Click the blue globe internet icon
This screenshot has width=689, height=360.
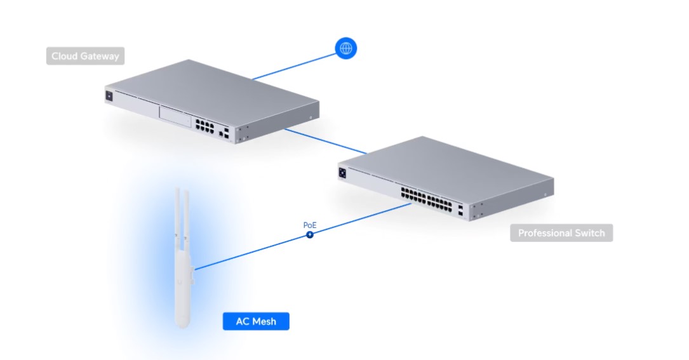(x=346, y=48)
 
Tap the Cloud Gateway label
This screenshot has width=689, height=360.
(x=85, y=56)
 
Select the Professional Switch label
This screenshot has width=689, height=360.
(x=561, y=233)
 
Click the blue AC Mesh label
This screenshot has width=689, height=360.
(x=256, y=321)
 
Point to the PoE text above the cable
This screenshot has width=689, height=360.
(x=310, y=225)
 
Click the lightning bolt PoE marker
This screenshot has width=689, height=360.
(x=310, y=235)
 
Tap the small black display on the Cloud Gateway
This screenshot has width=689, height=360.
(x=109, y=96)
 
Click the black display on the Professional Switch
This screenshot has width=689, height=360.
(x=342, y=173)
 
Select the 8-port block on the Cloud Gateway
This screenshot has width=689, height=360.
(x=204, y=125)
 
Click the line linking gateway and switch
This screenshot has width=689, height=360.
(x=326, y=141)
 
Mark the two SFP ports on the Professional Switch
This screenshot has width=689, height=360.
(x=460, y=210)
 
